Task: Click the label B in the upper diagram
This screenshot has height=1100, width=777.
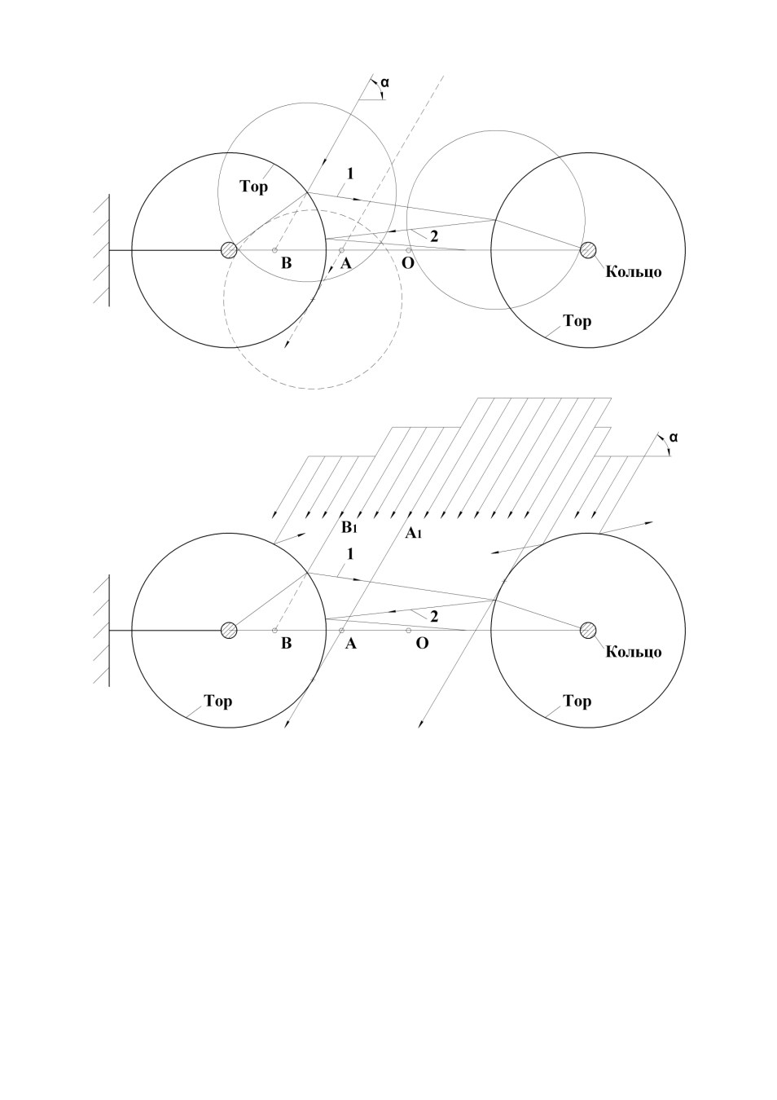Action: pyautogui.click(x=286, y=263)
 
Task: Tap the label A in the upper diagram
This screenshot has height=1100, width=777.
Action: pyautogui.click(x=346, y=263)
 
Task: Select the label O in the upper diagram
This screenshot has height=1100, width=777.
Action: pyautogui.click(x=408, y=263)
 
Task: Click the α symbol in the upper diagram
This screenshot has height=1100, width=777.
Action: pyautogui.click(x=384, y=82)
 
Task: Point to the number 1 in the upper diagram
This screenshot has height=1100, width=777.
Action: pyautogui.click(x=350, y=174)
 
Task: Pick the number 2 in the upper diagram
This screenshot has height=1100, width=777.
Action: pyautogui.click(x=433, y=236)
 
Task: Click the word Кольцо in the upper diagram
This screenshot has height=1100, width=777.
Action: pyautogui.click(x=633, y=271)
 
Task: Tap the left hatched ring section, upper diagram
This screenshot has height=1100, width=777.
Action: pyautogui.click(x=229, y=250)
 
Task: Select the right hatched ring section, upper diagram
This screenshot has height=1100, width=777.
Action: pyautogui.click(x=588, y=250)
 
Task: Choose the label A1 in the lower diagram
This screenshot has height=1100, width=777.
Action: pyautogui.click(x=413, y=532)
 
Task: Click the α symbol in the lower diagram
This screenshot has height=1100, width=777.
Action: pyautogui.click(x=673, y=437)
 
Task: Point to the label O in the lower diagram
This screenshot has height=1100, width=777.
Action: pyautogui.click(x=422, y=644)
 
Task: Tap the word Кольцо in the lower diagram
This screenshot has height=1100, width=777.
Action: pyautogui.click(x=633, y=652)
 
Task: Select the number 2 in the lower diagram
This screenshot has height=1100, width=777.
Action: pyautogui.click(x=433, y=616)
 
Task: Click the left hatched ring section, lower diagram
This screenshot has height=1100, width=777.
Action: pyautogui.click(x=229, y=630)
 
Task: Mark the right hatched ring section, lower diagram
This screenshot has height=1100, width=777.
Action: pyautogui.click(x=588, y=630)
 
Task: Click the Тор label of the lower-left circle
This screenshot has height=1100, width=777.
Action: pyautogui.click(x=217, y=702)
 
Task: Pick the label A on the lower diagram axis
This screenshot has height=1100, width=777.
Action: pyautogui.click(x=350, y=644)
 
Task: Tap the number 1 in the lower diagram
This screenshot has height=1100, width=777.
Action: pyautogui.click(x=350, y=554)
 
